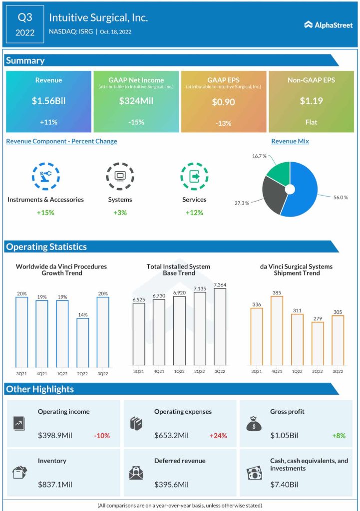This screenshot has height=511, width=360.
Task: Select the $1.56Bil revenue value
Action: [48, 101]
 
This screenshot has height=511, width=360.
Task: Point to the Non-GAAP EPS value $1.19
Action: [311, 101]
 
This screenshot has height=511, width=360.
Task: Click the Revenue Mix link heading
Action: [290, 141]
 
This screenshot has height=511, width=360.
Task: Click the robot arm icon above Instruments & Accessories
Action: [45, 176]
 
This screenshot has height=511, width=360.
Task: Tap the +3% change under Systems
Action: [120, 213]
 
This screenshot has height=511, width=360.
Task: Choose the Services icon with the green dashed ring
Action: [194, 176]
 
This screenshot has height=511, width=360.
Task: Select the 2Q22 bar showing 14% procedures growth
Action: [82, 342]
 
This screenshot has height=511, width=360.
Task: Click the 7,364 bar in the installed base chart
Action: [220, 327]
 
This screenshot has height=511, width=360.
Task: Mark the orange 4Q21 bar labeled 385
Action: [277, 331]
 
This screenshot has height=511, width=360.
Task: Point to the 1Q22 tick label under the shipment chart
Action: [297, 371]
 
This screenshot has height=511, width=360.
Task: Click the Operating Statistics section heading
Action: [46, 247]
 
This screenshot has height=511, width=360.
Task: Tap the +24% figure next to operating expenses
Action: [218, 436]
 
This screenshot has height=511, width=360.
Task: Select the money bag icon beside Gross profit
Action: [254, 424]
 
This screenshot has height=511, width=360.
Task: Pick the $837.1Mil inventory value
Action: [55, 485]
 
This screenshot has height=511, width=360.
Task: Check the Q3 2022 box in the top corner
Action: [25, 25]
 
